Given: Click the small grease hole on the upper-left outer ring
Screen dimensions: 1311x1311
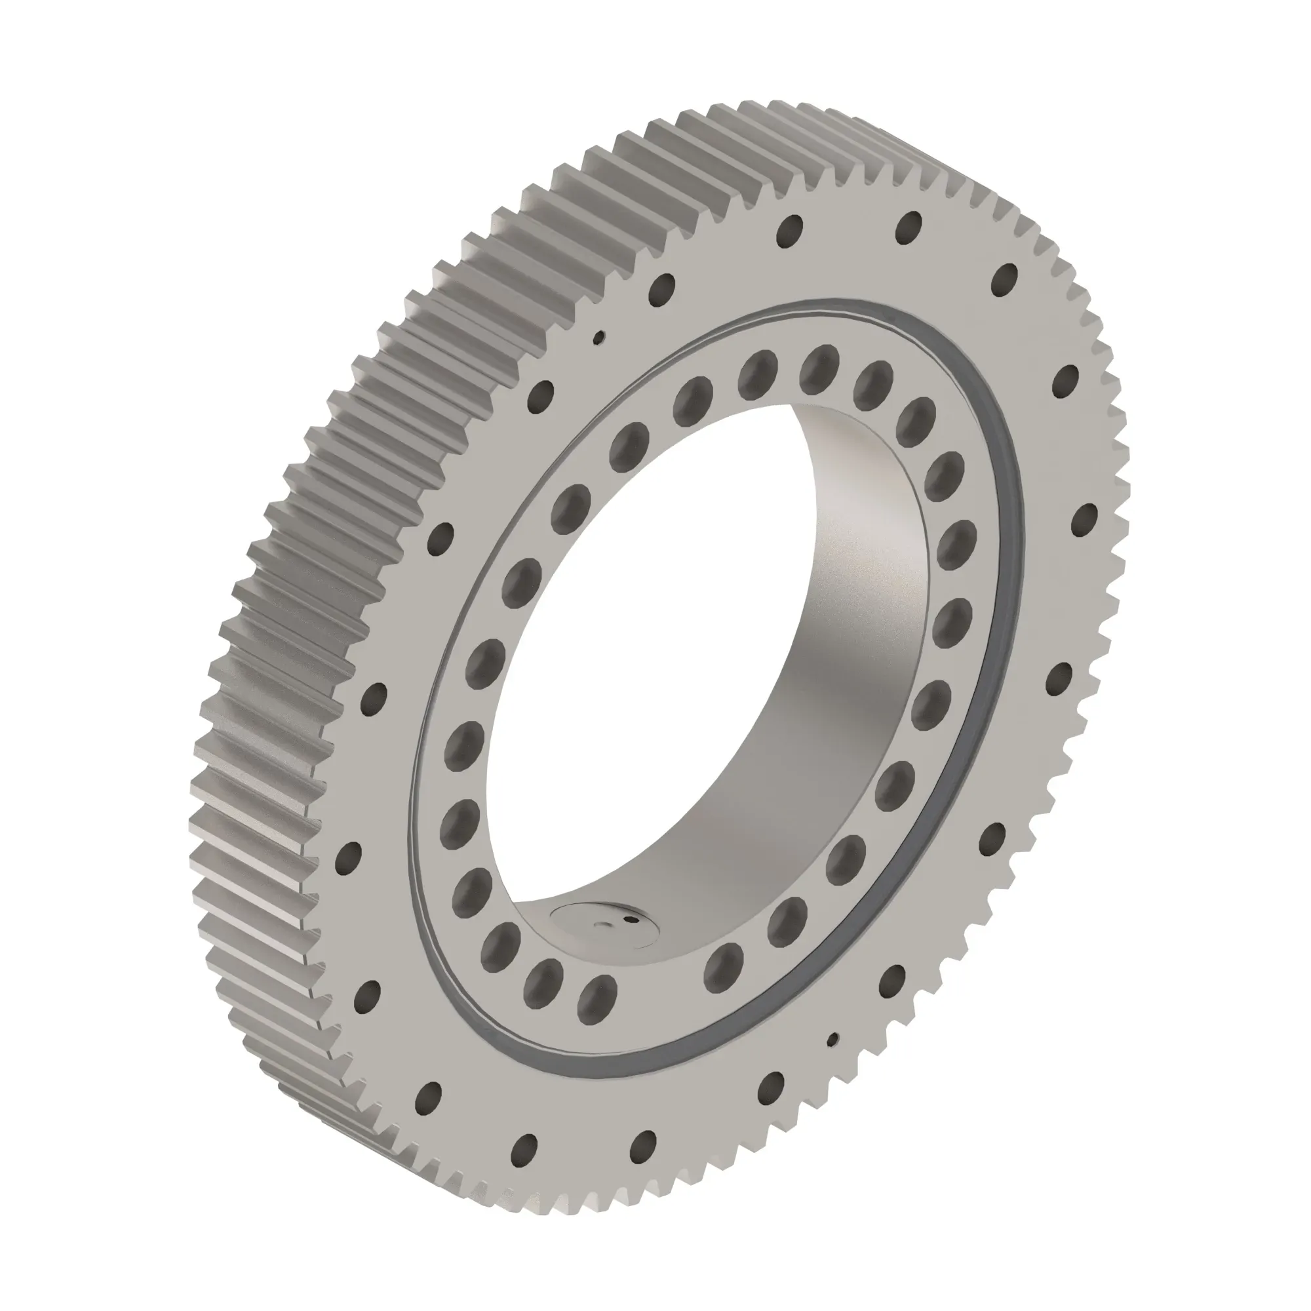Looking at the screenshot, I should [x=599, y=336].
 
